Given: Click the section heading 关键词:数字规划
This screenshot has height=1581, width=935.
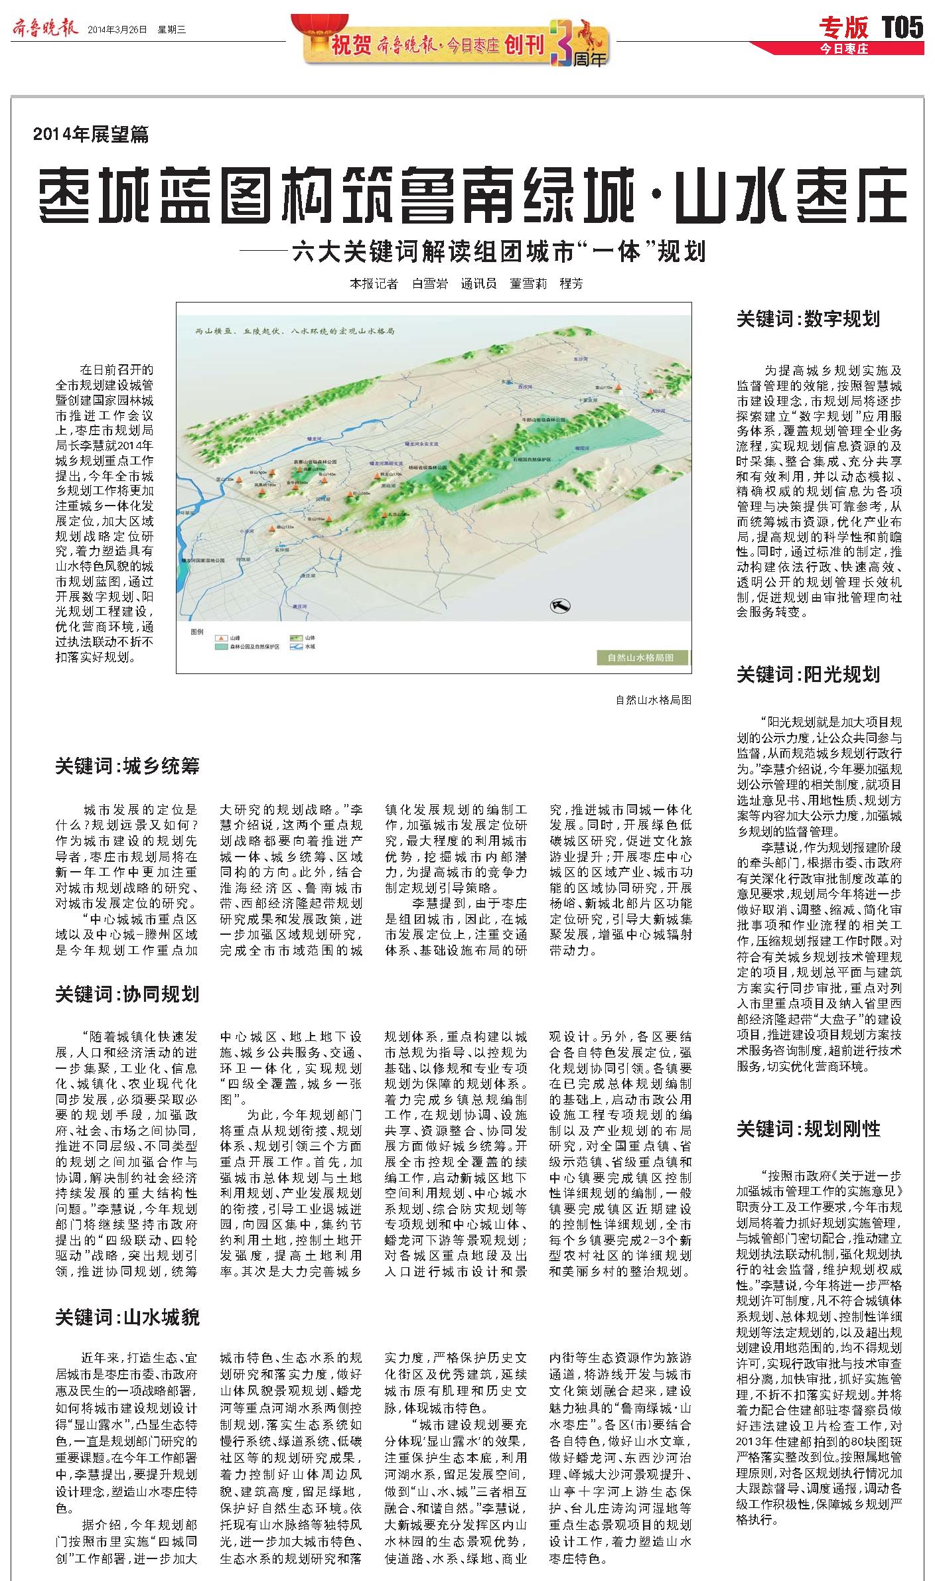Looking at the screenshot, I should (808, 319).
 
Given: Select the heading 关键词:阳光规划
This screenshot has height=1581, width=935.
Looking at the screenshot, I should (808, 675).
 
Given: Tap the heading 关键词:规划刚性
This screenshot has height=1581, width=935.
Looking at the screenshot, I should (808, 1129).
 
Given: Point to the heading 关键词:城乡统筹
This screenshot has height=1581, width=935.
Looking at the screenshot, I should (127, 767).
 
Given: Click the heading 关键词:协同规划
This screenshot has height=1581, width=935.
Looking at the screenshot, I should (127, 995).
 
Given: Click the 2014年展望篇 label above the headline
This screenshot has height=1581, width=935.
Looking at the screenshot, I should (91, 135).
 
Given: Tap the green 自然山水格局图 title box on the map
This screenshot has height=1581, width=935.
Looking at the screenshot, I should (640, 657).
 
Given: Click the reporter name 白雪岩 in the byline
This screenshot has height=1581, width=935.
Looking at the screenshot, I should (429, 283).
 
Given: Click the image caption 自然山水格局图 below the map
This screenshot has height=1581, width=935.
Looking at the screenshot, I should (653, 699).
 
